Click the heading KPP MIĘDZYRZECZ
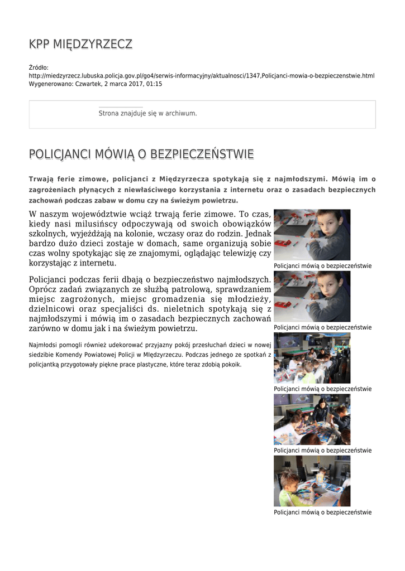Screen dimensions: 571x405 click(x=80, y=44)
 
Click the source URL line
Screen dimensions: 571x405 click(x=202, y=76)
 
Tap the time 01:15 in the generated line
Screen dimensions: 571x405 click(x=154, y=84)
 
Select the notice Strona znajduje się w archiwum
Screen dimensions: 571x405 click(x=147, y=113)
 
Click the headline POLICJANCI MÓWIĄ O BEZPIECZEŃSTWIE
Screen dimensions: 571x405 click(x=141, y=154)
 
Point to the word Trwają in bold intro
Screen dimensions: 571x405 click(x=42, y=179)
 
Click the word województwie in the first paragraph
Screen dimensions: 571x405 click(x=107, y=214)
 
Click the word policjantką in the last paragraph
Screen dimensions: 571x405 click(x=46, y=364)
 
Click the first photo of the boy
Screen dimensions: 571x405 click(x=312, y=235)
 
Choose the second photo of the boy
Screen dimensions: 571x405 click(x=312, y=297)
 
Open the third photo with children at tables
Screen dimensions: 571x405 click(x=312, y=358)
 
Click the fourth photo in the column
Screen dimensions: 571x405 click(x=312, y=419)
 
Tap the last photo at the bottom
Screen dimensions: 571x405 click(x=312, y=481)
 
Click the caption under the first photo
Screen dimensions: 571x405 click(x=322, y=266)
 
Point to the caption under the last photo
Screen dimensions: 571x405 click(x=322, y=512)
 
